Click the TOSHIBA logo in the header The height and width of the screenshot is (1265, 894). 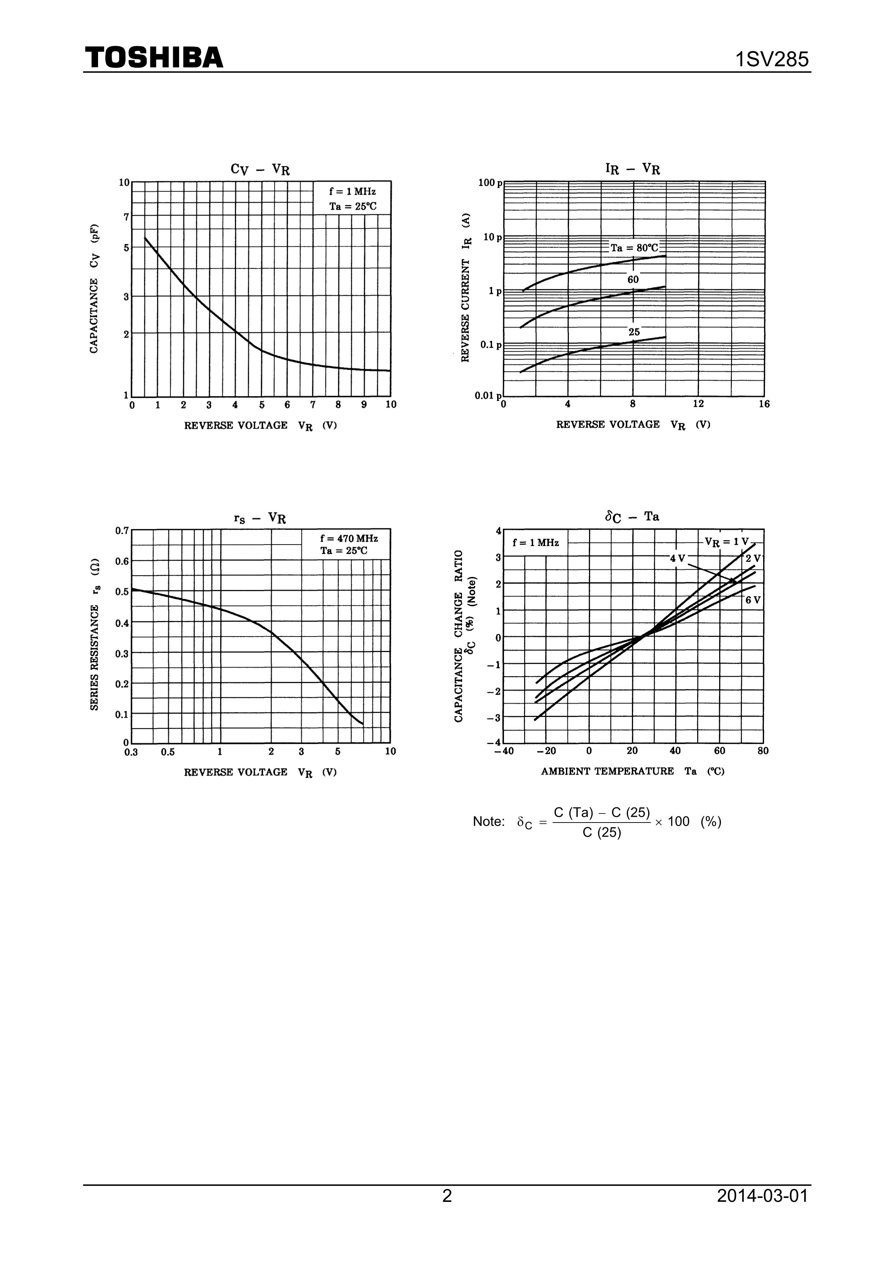154,57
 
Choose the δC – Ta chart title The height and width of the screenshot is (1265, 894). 632,517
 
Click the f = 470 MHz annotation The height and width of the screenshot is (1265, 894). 349,538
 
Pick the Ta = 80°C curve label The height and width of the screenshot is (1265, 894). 634,248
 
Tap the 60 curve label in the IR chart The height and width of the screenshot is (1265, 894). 633,280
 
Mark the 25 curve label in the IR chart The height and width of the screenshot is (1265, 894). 634,332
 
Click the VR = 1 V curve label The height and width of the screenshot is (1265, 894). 726,542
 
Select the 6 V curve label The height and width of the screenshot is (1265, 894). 752,600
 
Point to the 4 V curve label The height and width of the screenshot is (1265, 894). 677,559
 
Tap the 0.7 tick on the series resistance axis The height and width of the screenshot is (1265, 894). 122,530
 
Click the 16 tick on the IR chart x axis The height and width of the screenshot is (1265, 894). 764,404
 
